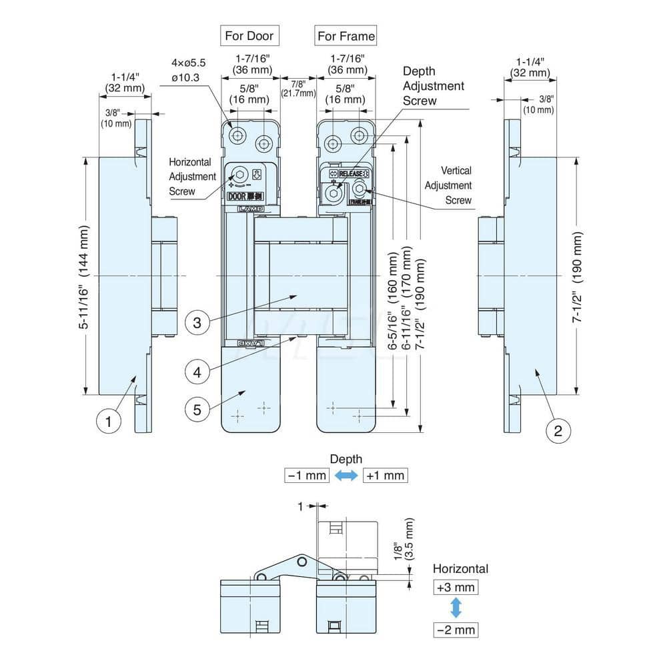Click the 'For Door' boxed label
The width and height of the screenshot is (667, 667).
pyautogui.click(x=248, y=35)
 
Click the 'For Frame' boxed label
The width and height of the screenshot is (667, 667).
pyautogui.click(x=346, y=35)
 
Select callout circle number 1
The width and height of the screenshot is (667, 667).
pyautogui.click(x=109, y=422)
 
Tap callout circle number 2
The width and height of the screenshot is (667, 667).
pyautogui.click(x=558, y=431)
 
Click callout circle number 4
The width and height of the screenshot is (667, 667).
pyautogui.click(x=197, y=372)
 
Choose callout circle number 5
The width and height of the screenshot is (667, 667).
pyautogui.click(x=197, y=409)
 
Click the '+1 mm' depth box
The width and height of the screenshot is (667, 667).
pyautogui.click(x=385, y=476)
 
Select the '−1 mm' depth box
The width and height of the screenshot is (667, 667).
pyautogui.click(x=307, y=476)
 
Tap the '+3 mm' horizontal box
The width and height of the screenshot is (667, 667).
pyautogui.click(x=456, y=588)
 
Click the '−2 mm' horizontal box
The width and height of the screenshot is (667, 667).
pyautogui.click(x=456, y=629)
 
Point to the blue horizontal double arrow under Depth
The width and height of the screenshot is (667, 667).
pyautogui.click(x=346, y=476)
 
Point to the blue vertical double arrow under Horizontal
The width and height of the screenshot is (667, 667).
pyautogui.click(x=456, y=608)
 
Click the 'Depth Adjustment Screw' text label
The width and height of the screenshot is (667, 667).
pyautogui.click(x=434, y=85)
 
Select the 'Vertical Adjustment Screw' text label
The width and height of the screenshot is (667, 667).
pyautogui.click(x=448, y=186)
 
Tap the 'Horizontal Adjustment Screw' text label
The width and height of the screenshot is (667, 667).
pyautogui.click(x=192, y=177)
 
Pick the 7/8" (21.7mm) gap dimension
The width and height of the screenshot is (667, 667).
pyautogui.click(x=298, y=88)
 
